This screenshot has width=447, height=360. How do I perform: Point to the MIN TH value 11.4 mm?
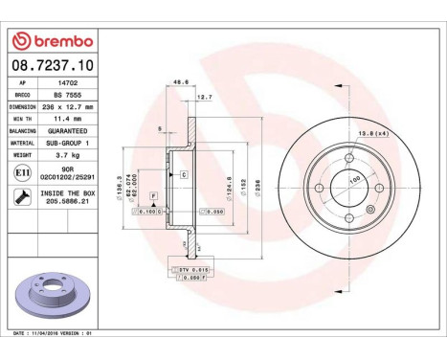(68, 120)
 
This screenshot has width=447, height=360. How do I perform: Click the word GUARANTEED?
(68, 131)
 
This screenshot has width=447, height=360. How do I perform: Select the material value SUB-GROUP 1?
(68, 142)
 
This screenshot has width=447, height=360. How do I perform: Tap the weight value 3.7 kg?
(67, 153)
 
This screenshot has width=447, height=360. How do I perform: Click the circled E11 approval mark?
(21, 171)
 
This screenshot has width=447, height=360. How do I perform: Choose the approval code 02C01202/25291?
(68, 177)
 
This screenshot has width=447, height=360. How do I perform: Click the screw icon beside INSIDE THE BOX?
(21, 197)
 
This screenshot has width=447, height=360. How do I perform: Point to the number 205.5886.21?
(68, 203)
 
